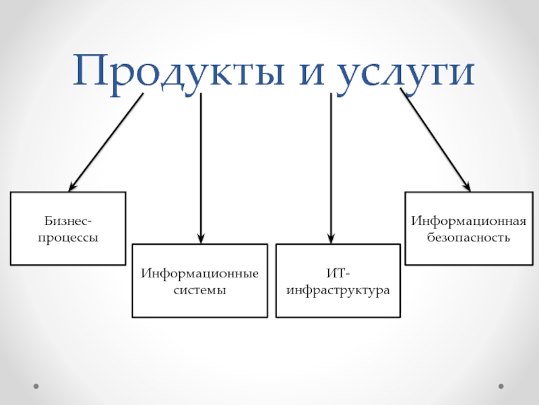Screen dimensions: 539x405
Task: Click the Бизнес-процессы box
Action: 68,228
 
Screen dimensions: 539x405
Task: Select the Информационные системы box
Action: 200,281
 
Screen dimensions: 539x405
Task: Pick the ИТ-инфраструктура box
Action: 338,281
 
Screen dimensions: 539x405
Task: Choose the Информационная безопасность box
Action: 468,228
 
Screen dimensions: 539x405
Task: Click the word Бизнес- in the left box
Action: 69,221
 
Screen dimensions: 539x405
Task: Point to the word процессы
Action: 69,238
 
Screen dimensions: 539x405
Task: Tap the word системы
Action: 200,290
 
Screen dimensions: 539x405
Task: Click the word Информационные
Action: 200,273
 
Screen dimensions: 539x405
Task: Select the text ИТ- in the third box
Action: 338,273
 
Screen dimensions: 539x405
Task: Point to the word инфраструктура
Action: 338,290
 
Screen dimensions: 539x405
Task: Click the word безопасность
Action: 468,238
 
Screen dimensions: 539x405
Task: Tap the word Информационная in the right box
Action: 468,221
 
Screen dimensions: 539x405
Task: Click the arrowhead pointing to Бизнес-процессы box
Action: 72,187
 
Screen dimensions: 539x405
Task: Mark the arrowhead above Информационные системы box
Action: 200,238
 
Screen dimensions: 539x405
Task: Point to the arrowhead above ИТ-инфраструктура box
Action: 330,238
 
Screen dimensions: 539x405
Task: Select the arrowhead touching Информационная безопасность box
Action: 466,187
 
